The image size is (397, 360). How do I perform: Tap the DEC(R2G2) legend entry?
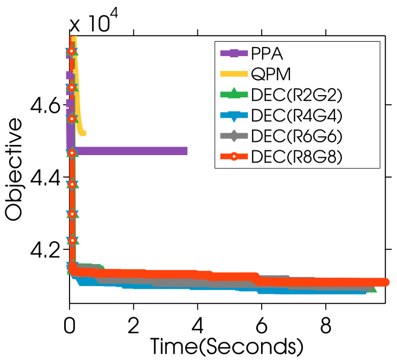[296, 95]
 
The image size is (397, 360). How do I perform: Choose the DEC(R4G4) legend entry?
[296, 115]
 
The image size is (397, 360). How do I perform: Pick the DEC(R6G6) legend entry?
[296, 136]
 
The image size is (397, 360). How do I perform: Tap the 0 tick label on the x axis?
[70, 324]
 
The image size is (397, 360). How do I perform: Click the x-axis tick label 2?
[134, 324]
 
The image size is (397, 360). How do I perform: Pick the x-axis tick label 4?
[197, 324]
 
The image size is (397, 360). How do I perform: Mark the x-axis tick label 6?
[262, 324]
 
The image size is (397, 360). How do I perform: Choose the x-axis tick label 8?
[325, 324]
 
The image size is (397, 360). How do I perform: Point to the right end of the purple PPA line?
[187, 151]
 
